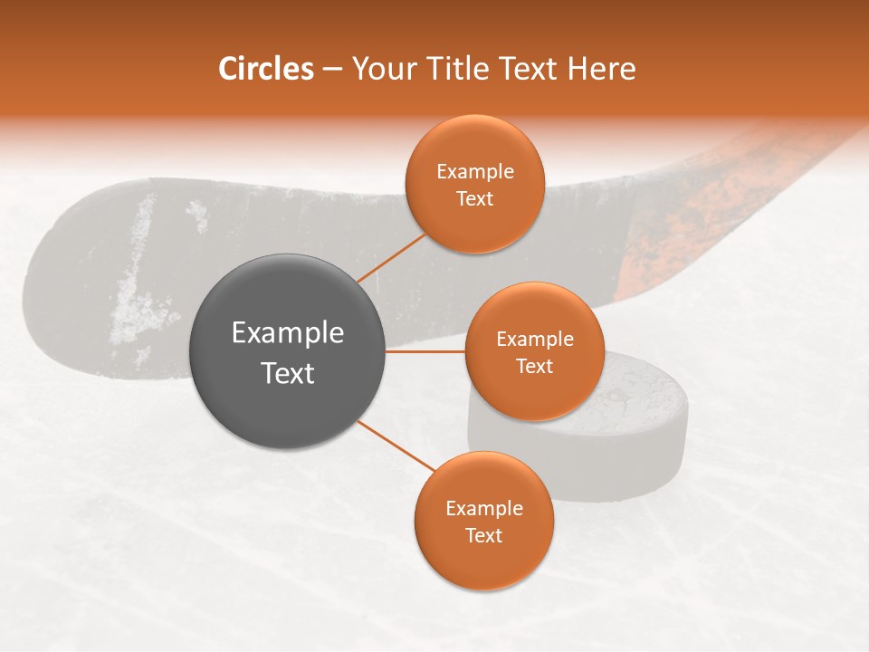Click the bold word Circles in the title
tap(265, 69)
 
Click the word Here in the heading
tap(601, 69)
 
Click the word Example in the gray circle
tap(288, 333)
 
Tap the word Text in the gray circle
tap(288, 373)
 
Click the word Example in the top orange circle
tap(475, 172)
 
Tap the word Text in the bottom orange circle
tap(483, 535)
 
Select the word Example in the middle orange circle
tap(535, 340)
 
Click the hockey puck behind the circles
tap(634, 453)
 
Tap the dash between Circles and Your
tap(332, 70)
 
